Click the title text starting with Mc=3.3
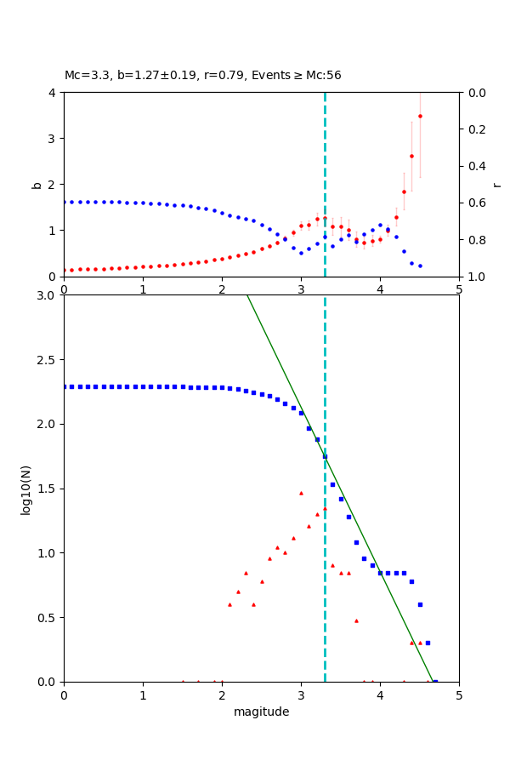[202, 76]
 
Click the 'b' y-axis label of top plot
[37, 184]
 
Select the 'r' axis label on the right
[496, 184]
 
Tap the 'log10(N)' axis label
[25, 489]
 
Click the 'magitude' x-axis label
[261, 712]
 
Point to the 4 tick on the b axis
[54, 93]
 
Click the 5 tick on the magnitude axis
[459, 695]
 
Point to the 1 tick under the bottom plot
[143, 695]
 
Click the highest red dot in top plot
[420, 117]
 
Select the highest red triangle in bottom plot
[301, 493]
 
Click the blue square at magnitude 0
[65, 386]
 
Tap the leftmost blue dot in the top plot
[65, 202]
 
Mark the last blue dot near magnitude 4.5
[420, 266]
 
